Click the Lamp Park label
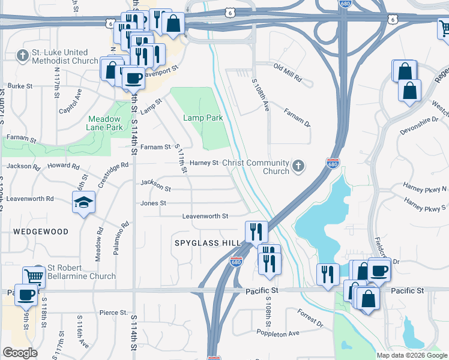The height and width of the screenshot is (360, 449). click(x=203, y=118)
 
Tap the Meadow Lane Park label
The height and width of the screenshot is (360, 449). click(x=105, y=123)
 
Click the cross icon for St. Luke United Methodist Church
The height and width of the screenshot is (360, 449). click(x=23, y=56)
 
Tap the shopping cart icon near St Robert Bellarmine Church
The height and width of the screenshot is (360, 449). click(x=34, y=276)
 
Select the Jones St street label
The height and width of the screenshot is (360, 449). click(x=153, y=203)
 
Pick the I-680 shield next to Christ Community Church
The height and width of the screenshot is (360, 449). click(x=332, y=164)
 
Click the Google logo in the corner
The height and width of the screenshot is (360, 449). click(x=20, y=353)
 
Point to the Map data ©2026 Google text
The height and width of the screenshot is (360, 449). click(x=411, y=355)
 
